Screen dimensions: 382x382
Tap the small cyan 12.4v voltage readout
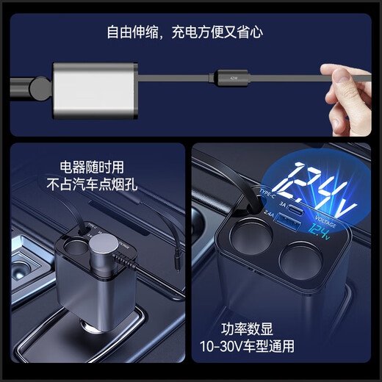click(x=319, y=234)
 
